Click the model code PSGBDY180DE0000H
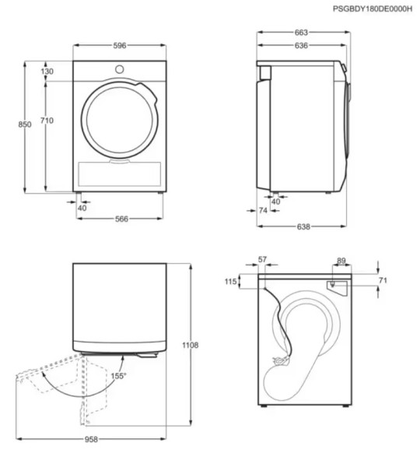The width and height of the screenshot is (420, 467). point(373,9)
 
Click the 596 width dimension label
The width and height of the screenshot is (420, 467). point(120,46)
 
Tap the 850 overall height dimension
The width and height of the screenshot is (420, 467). point(25,125)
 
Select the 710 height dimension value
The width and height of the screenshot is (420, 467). point(47,121)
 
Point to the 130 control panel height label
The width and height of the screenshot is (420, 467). point(47,71)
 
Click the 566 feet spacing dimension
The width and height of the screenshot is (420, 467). point(121,219)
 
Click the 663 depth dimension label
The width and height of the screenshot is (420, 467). point(301,33)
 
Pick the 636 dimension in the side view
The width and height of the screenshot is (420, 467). point(301,46)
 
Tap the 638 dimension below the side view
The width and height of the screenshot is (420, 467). point(303,226)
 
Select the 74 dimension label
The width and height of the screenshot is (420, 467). point(263,211)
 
